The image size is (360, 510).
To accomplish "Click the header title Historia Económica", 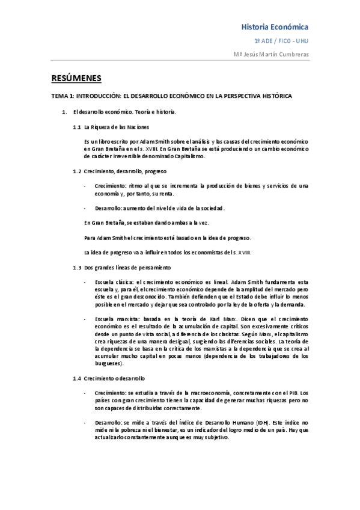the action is point(275,27).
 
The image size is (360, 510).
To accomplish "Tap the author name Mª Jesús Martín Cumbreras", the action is point(271,55).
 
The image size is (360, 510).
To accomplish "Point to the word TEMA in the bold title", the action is point(59,96).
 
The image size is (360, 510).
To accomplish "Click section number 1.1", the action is point(76,127).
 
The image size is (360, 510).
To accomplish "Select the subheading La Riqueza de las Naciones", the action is point(117,127).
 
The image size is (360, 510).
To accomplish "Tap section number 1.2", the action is point(76,171).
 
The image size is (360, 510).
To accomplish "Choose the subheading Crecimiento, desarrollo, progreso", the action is point(121,171).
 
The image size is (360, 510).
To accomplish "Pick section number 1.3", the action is point(76,267).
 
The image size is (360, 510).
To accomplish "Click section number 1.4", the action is point(76,378).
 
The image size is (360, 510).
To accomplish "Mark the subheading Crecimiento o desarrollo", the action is point(114,378).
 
